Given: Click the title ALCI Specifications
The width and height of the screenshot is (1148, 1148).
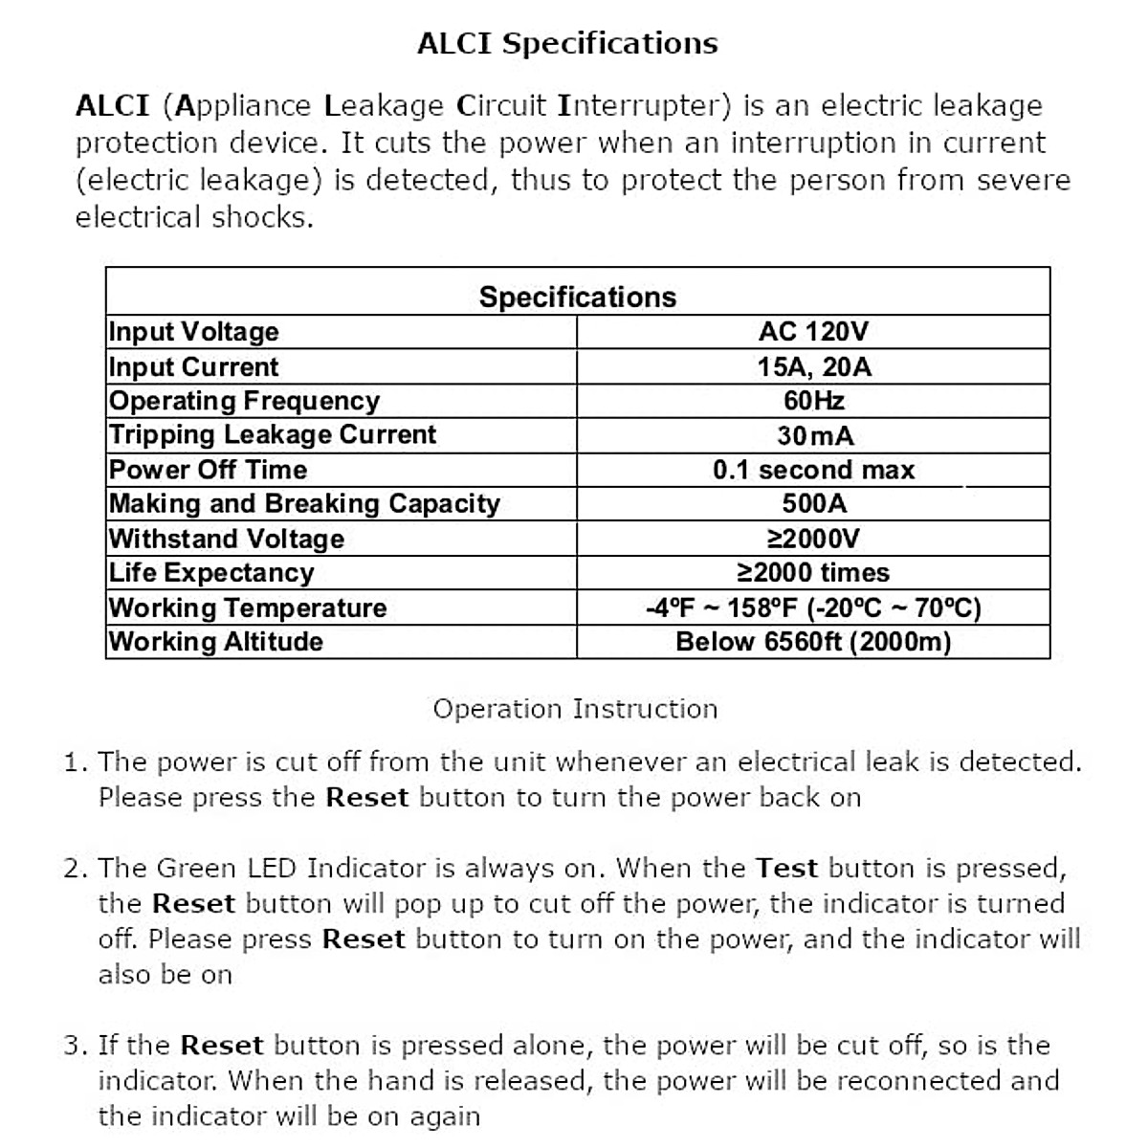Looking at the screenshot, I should coord(567,44).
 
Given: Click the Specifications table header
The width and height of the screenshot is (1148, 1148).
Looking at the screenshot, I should coord(577,298).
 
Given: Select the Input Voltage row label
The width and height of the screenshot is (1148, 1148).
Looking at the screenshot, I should coord(194,332).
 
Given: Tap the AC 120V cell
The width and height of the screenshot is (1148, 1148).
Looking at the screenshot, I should coord(813,332).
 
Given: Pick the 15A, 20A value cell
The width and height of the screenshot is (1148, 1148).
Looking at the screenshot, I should coord(814,366).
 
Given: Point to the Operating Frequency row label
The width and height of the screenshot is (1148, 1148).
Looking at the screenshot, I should coord(244,401).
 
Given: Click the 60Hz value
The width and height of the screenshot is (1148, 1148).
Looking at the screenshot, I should coord(813,401).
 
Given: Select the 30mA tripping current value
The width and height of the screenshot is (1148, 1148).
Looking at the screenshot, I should coord(814,435).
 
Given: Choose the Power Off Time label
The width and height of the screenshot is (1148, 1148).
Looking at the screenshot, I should coord(208,470).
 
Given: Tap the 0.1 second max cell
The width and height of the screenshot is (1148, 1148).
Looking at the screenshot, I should coord(813,470).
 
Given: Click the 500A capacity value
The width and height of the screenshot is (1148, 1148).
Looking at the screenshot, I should coord(814,504).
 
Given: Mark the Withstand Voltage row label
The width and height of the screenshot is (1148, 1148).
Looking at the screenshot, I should coord(227,539).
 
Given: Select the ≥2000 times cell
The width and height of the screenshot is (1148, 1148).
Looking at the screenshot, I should coord(813,573).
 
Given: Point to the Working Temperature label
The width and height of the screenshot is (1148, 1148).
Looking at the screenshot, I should coord(248,607).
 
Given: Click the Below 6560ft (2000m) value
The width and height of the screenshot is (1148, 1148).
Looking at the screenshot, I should coord(813,642).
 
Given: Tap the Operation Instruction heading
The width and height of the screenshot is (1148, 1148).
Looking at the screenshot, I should coord(575,709).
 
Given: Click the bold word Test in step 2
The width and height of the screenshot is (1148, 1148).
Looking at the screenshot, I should coord(786,869).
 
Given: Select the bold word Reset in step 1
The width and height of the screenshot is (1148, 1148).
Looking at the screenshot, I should coord(367,798).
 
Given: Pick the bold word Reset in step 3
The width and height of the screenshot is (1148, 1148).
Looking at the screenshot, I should coord(221,1046).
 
